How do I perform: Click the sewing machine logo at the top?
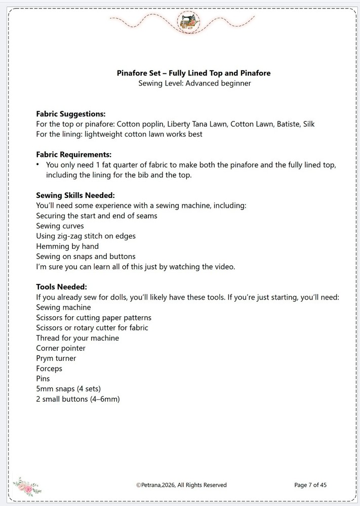[189, 22]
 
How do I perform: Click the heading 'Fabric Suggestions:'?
[71, 114]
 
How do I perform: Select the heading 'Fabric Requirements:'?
[74, 154]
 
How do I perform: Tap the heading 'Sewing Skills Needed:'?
[76, 195]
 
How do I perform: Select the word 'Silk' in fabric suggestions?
[308, 124]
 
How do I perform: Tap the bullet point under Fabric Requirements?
[37, 165]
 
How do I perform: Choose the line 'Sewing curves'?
[60, 226]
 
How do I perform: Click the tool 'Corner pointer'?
[61, 348]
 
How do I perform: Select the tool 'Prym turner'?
[56, 358]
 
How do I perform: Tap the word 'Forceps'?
[49, 368]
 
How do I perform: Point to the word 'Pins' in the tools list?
[43, 378]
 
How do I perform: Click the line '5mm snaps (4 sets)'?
[68, 389]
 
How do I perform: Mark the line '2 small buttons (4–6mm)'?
[78, 399]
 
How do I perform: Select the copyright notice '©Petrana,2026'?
[157, 485]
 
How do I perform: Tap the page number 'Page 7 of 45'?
[310, 485]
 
